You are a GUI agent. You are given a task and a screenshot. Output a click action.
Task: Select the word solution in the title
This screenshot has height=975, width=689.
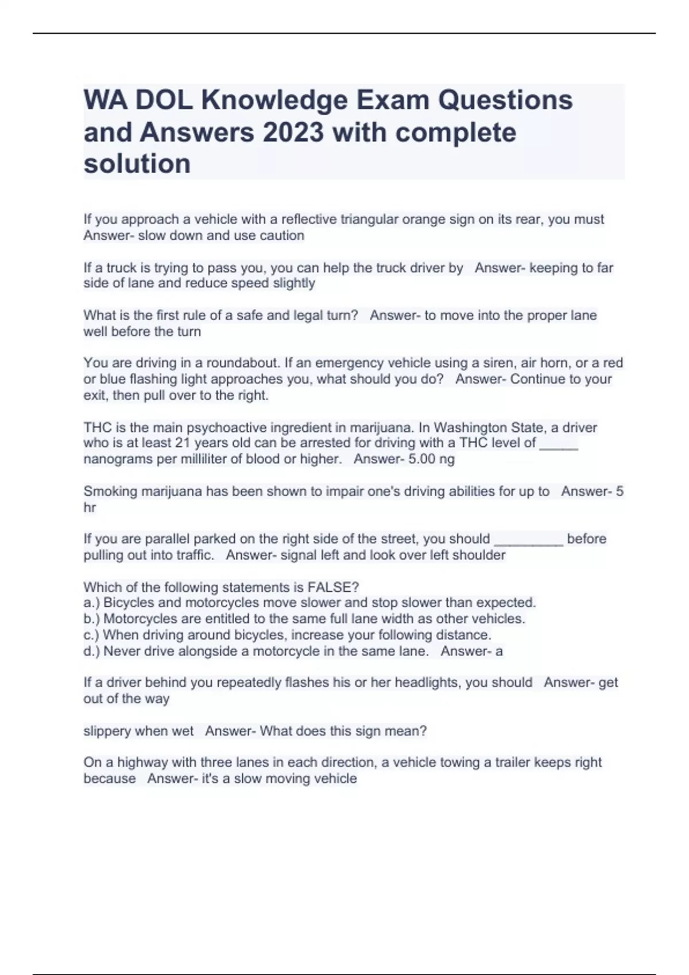(x=137, y=164)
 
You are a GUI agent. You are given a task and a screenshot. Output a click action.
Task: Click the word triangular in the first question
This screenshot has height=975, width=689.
(x=370, y=220)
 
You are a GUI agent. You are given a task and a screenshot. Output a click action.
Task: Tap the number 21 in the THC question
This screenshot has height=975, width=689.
(x=183, y=443)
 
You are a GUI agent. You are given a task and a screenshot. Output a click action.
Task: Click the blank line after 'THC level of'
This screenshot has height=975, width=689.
(x=559, y=444)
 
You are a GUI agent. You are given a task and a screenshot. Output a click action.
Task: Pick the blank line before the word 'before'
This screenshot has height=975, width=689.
(x=528, y=540)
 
